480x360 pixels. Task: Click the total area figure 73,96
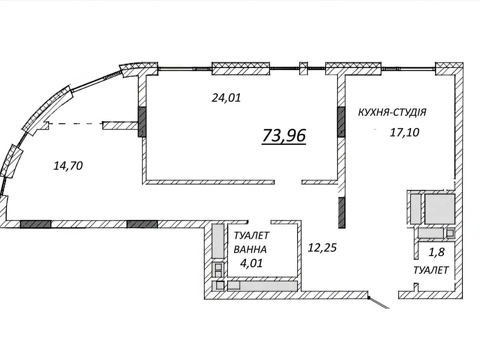284,136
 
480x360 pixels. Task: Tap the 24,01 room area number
226,98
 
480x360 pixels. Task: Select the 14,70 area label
68,166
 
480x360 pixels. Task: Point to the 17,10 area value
404,132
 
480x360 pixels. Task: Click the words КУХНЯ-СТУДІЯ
392,112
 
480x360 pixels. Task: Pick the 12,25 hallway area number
322,248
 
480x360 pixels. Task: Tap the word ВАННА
250,250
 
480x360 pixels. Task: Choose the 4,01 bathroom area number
251,263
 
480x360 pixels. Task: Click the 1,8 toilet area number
436,252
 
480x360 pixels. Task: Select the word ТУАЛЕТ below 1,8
431,270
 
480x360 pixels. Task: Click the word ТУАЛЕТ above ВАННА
251,236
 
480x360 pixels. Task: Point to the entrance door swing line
379,303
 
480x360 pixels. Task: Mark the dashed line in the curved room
76,124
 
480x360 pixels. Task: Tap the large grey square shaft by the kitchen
440,209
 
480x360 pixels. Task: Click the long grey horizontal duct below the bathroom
262,286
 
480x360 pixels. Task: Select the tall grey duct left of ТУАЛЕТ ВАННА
218,241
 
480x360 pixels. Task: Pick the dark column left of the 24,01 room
142,122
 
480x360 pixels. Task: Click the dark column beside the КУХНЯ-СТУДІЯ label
341,122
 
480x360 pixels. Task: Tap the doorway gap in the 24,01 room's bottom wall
288,182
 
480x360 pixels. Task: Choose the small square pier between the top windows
303,68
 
